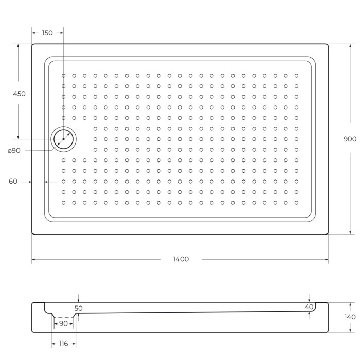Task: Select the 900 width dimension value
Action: click(350, 139)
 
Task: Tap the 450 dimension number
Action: click(19, 94)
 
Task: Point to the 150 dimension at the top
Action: click(47, 33)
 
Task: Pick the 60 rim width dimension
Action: click(13, 181)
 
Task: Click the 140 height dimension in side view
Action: click(350, 317)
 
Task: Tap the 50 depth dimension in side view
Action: click(78, 308)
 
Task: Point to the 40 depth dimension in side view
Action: click(309, 307)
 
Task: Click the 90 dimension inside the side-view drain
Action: click(63, 323)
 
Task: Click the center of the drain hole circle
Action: click(63, 139)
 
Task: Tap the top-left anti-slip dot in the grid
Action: click(64, 76)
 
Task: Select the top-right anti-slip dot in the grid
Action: click(296, 76)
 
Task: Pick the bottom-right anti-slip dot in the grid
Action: click(296, 203)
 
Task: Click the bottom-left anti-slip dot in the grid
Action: click(64, 203)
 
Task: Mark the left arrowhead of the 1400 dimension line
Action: click(33, 259)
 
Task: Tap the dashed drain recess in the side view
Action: click(63, 317)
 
